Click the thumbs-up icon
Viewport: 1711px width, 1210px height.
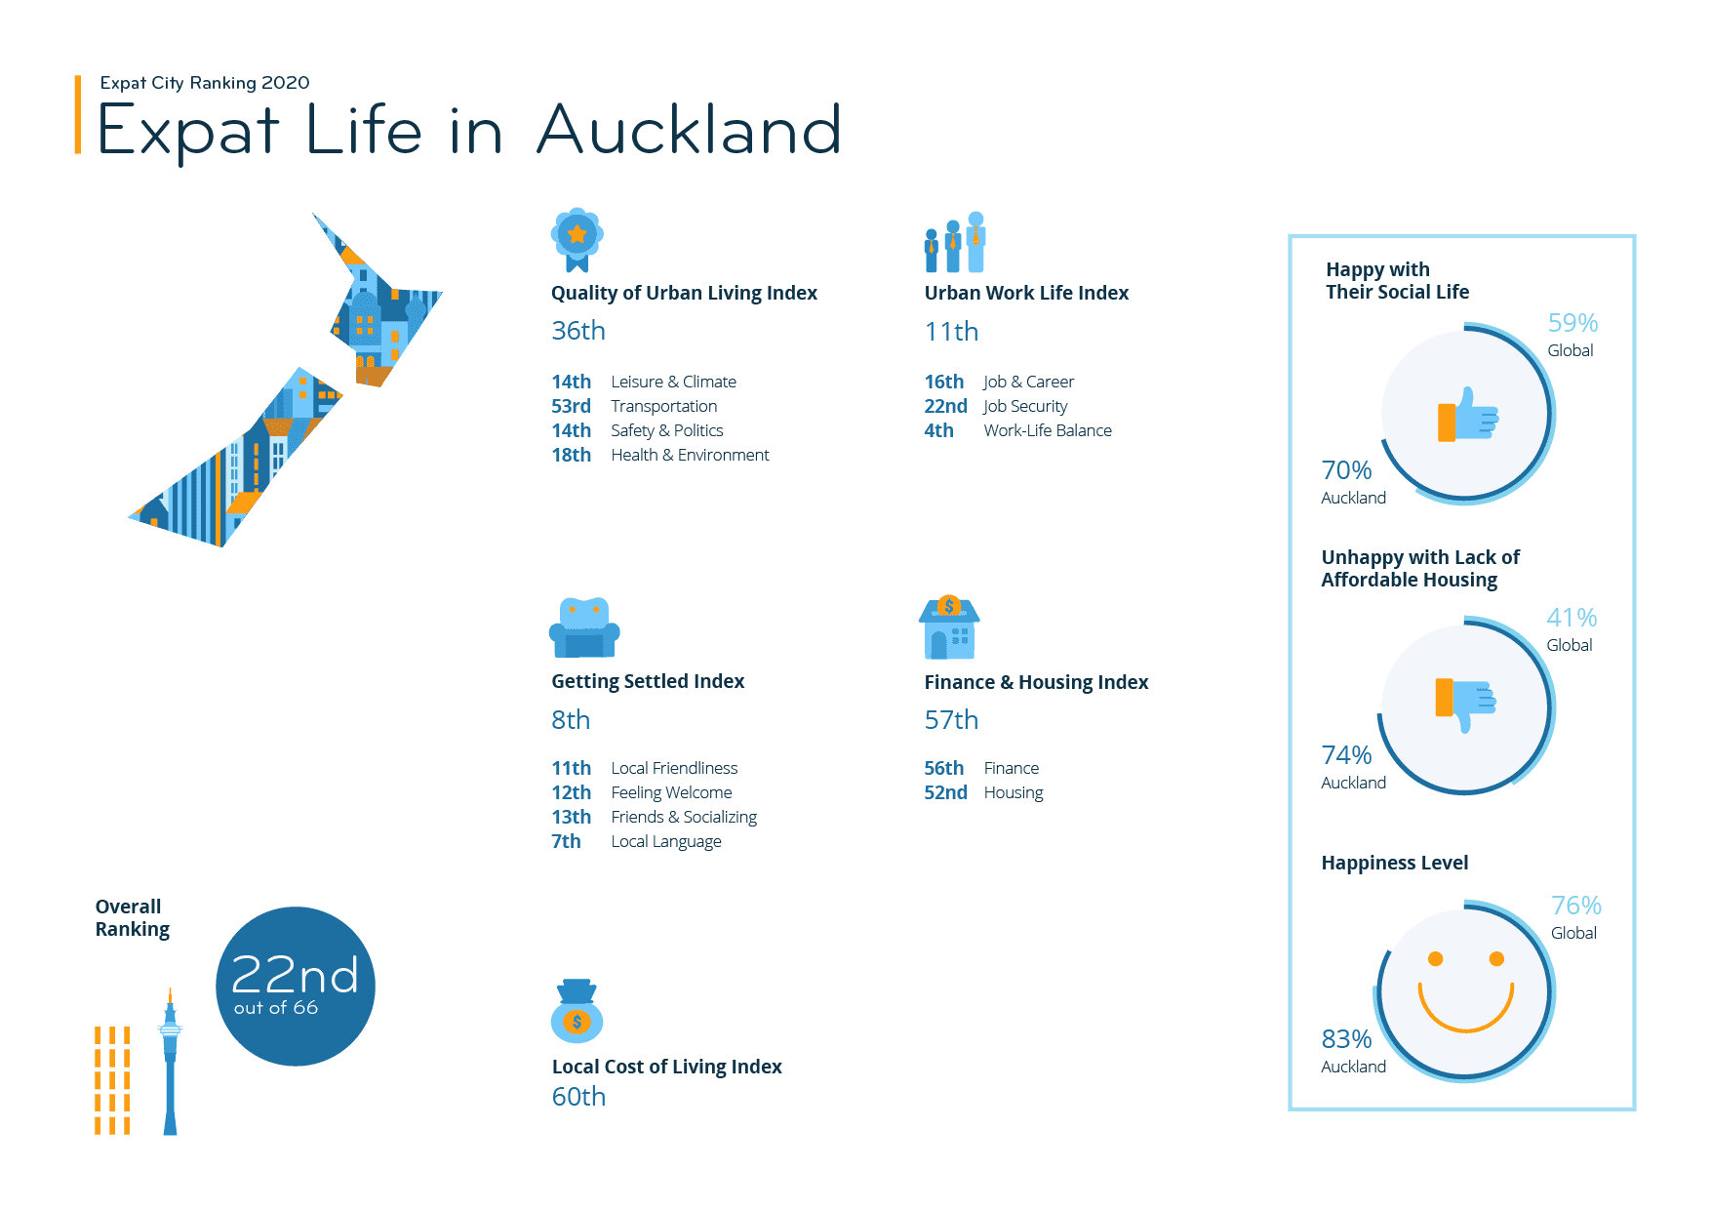click(1468, 415)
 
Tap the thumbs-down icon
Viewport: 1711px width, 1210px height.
click(1466, 705)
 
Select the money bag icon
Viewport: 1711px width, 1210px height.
click(577, 1011)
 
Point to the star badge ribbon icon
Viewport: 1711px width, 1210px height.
click(577, 240)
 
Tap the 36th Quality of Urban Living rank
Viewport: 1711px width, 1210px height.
click(578, 331)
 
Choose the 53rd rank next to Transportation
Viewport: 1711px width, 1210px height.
click(572, 406)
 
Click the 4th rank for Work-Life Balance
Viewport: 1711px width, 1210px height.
click(939, 430)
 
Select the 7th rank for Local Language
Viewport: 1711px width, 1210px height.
click(566, 841)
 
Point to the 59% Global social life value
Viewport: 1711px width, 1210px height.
click(1572, 323)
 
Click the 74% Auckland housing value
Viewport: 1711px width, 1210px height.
click(1346, 755)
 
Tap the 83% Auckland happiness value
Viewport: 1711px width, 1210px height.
click(1346, 1039)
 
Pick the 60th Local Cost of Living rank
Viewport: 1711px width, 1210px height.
click(578, 1097)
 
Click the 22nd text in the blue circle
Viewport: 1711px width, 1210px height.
click(295, 975)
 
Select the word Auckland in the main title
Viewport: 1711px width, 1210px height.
click(689, 130)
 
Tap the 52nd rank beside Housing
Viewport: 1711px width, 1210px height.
click(946, 792)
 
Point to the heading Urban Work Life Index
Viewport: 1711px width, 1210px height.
click(1026, 293)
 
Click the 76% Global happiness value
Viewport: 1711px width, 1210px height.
click(1576, 906)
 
